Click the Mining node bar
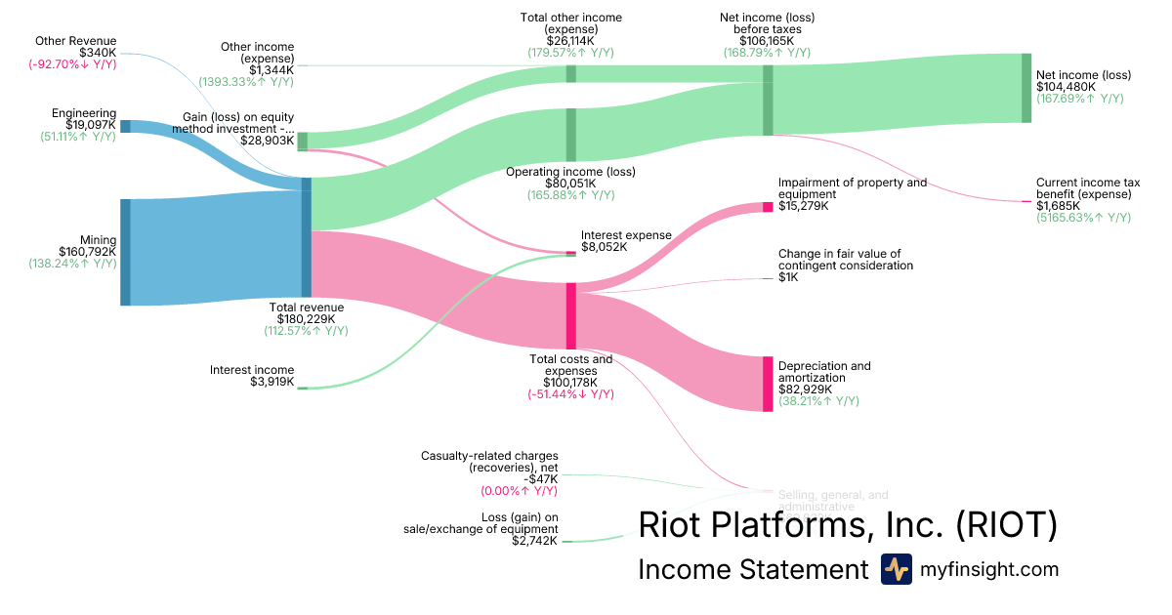point(125,252)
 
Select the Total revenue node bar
point(307,237)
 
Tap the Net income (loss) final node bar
point(1026,88)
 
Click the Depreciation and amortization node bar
point(768,384)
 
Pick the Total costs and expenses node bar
point(570,315)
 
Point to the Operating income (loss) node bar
point(570,134)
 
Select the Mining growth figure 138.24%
point(72,265)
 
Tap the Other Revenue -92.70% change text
point(73,64)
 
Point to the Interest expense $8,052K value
point(604,248)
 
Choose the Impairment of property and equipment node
point(768,207)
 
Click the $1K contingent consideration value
point(788,278)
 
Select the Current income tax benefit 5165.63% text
point(1083,218)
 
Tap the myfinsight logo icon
point(896,569)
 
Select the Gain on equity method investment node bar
point(302,141)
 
